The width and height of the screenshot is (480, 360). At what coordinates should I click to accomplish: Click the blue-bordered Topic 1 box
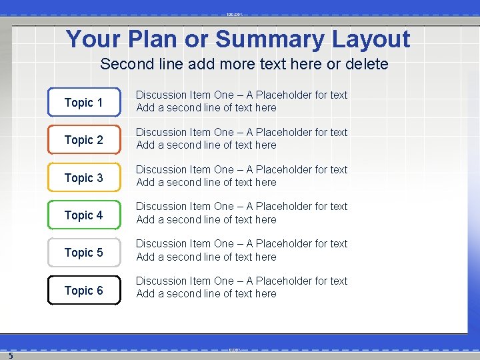pyautogui.click(x=84, y=102)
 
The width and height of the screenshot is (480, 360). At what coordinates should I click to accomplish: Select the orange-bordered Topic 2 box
pyautogui.click(x=84, y=140)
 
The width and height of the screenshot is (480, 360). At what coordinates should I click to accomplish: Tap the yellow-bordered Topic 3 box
pyautogui.click(x=84, y=177)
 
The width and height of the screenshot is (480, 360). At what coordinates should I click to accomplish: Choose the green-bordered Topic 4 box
pyautogui.click(x=84, y=215)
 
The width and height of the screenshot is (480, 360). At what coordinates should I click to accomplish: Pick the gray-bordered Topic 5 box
pyautogui.click(x=84, y=253)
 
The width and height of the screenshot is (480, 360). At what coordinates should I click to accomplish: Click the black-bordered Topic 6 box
pyautogui.click(x=84, y=290)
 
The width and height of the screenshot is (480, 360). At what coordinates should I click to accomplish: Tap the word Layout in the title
pyautogui.click(x=371, y=39)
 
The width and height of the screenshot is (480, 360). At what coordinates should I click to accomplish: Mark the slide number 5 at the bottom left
pyautogui.click(x=11, y=355)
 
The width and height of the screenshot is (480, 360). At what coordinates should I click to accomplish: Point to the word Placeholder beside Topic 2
pyautogui.click(x=284, y=133)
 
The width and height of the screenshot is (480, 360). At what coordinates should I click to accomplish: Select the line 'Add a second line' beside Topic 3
pyautogui.click(x=206, y=182)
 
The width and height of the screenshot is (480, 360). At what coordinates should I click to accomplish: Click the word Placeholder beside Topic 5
pyautogui.click(x=284, y=244)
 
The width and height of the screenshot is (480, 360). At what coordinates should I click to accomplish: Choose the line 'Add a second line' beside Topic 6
pyautogui.click(x=206, y=293)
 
